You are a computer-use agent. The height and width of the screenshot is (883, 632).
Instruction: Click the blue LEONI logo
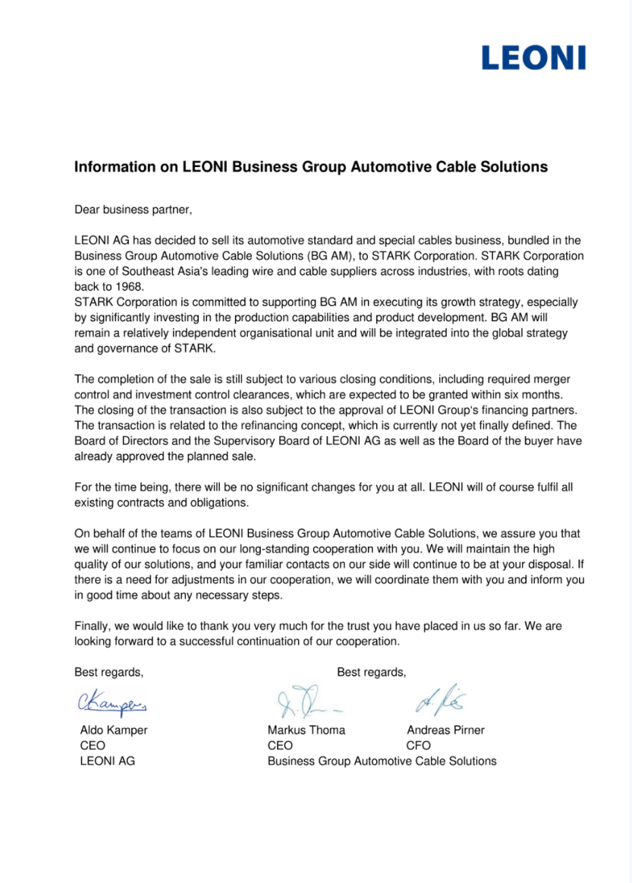[533, 58]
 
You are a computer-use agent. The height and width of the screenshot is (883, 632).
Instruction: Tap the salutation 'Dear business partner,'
[133, 210]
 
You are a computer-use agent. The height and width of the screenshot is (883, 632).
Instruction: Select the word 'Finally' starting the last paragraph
[94, 626]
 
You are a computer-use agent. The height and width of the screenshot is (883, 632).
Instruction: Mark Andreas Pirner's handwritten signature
[441, 700]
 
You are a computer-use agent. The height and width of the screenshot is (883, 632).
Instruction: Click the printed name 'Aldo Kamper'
[113, 730]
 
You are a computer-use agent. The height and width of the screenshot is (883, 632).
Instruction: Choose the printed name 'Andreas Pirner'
[445, 730]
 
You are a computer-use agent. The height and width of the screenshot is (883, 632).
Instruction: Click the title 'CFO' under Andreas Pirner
[418, 746]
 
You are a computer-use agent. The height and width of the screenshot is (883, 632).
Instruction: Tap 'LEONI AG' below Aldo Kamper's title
[107, 761]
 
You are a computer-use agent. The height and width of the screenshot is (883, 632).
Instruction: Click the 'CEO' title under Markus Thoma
[280, 746]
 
